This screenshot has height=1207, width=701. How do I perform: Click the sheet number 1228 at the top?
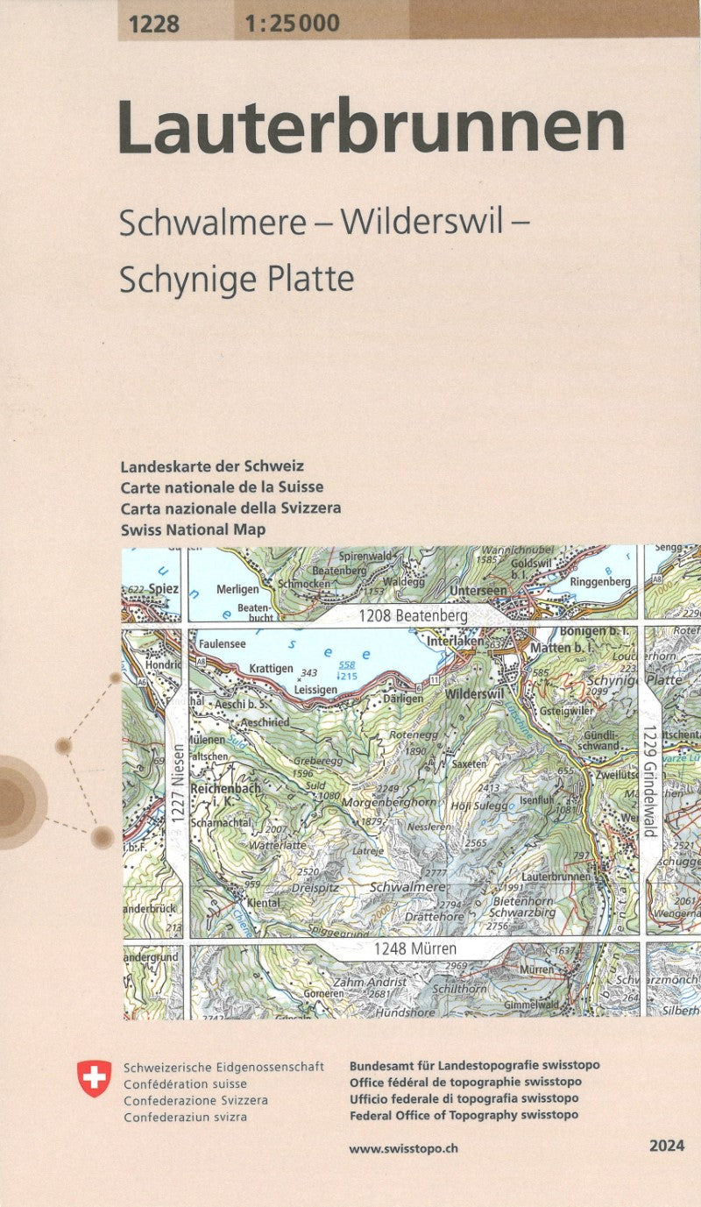coord(153,24)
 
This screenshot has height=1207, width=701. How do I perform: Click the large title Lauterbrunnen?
coord(371,129)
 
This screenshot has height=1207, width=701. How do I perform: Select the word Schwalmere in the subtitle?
coord(212,224)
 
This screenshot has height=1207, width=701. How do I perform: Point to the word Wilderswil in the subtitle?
coord(422,224)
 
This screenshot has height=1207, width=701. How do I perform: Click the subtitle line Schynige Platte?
coord(237,279)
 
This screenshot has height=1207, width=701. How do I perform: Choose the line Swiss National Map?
coord(193,529)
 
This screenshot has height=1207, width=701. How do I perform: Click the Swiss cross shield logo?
coord(95,1078)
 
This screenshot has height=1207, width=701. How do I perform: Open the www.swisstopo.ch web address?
coord(403,1147)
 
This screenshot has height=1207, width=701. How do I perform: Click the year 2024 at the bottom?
coord(668,1146)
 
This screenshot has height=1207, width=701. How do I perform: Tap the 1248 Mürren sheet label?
coord(414,948)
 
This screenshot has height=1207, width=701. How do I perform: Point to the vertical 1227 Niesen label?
coord(176,783)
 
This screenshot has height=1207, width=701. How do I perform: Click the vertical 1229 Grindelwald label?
coord(648,781)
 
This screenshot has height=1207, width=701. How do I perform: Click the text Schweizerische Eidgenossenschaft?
coord(223,1067)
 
